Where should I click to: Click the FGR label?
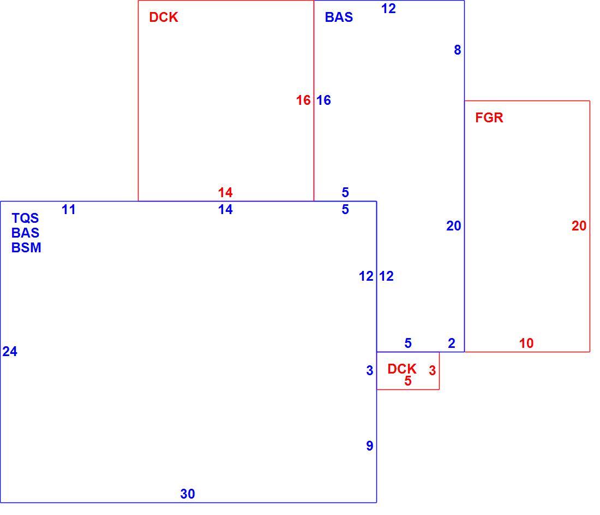[489, 117]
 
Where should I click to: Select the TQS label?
[25, 218]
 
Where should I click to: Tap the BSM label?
[26, 247]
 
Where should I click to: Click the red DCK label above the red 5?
[402, 369]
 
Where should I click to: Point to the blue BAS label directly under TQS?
[25, 233]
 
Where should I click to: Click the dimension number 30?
[188, 494]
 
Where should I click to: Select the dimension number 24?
[10, 351]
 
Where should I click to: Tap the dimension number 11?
[69, 210]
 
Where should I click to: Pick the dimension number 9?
[370, 446]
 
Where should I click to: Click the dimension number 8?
[457, 50]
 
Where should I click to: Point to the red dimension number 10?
[526, 343]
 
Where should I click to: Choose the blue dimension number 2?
[452, 343]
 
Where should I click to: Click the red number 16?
[303, 100]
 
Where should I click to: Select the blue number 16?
[323, 100]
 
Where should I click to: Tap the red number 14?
[225, 192]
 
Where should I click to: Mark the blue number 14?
[225, 210]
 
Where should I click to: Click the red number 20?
[579, 226]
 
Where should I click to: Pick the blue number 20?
[453, 226]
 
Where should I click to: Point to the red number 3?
[433, 370]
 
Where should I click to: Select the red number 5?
[408, 381]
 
